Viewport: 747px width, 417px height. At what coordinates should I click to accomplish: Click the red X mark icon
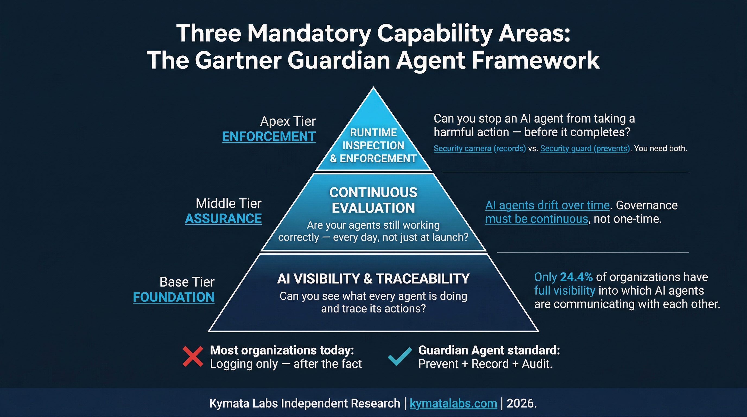click(193, 357)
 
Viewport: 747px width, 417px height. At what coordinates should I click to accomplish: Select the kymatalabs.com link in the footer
click(453, 403)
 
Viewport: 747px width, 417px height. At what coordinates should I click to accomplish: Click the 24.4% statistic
click(576, 277)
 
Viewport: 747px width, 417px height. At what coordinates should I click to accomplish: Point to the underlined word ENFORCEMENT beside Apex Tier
click(268, 137)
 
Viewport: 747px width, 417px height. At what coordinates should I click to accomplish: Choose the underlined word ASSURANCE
click(223, 219)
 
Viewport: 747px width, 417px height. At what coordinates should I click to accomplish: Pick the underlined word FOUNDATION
click(174, 297)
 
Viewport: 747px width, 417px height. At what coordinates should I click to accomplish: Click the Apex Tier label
click(288, 121)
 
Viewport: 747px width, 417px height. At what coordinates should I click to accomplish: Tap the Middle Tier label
click(229, 203)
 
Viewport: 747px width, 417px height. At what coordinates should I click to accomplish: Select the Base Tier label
click(187, 282)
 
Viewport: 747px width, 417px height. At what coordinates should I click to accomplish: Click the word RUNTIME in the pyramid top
click(373, 132)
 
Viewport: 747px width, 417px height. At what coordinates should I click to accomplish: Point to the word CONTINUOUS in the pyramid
click(373, 192)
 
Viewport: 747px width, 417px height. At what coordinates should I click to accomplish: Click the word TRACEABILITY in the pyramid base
click(423, 279)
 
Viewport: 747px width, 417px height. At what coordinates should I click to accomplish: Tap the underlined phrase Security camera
click(462, 149)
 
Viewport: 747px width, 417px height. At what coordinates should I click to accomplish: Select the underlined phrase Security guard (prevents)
click(585, 149)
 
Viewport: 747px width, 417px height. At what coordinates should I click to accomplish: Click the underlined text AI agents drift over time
click(547, 205)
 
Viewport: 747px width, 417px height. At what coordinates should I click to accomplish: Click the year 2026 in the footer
click(520, 403)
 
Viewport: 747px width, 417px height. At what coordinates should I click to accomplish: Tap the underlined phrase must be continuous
click(536, 219)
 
